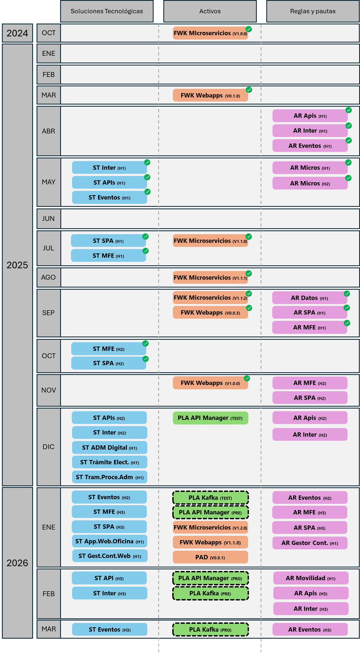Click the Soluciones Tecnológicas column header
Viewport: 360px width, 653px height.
107,11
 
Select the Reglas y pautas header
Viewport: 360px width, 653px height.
313,11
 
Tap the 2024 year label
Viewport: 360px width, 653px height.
17,33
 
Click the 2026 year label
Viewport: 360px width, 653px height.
17,563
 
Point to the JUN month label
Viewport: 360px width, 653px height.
48,218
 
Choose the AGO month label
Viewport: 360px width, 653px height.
48,277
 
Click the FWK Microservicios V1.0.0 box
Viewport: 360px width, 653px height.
210,33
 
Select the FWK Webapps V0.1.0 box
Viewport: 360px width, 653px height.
210,95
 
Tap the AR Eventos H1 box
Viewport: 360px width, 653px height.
310,146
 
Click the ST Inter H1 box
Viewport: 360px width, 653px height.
109,168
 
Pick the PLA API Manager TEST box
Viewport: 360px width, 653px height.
210,418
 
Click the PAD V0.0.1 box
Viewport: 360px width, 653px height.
210,557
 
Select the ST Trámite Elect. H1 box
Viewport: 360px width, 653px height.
109,462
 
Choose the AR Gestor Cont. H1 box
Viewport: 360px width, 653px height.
310,543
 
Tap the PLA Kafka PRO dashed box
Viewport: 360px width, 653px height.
210,629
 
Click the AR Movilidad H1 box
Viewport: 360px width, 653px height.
310,578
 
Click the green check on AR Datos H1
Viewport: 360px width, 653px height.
347,294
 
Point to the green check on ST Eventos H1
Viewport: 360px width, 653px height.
148,192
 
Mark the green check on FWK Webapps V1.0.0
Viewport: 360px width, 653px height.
247,378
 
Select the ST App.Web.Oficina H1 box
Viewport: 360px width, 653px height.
109,541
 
